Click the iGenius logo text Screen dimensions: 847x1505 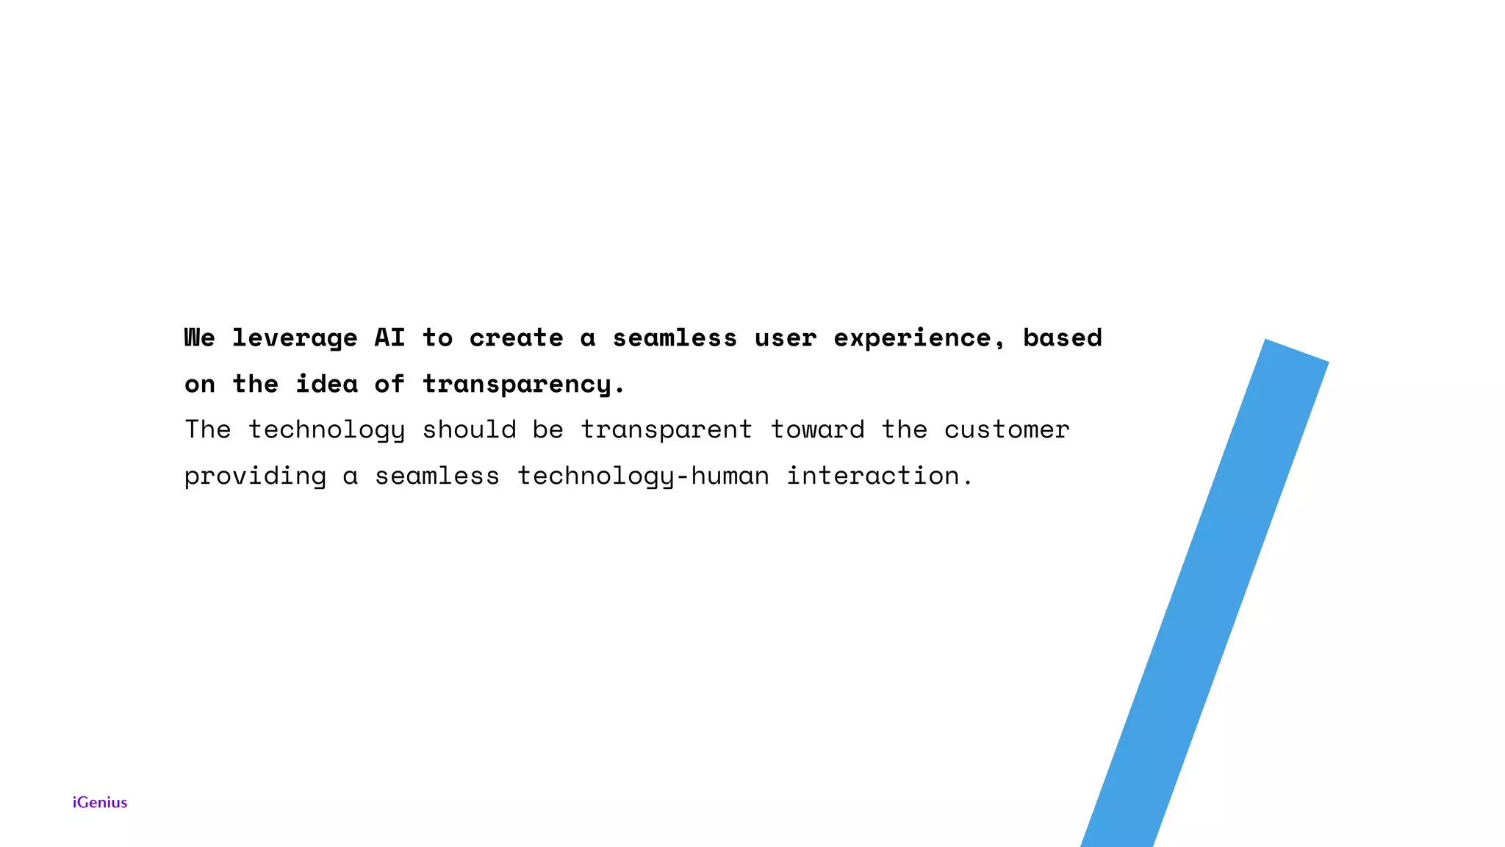pyautogui.click(x=100, y=802)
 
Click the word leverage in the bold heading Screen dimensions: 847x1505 pyautogui.click(x=295, y=338)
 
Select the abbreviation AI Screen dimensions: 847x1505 pyautogui.click(x=389, y=337)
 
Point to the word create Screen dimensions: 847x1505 pyautogui.click(x=516, y=338)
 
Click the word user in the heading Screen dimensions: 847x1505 pyautogui.click(x=785, y=338)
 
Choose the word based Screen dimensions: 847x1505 pyautogui.click(x=1062, y=337)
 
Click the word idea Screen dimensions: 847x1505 pyautogui.click(x=326, y=384)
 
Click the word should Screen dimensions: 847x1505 pyautogui.click(x=469, y=429)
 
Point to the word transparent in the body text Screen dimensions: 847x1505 pyautogui.click(x=667, y=430)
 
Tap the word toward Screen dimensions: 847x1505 pyautogui.click(x=817, y=429)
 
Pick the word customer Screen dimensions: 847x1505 pyautogui.click(x=1007, y=429)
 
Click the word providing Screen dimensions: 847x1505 pyautogui.click(x=255, y=476)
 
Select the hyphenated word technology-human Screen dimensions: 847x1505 pyautogui.click(x=643, y=476)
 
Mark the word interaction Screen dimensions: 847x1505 pyautogui.click(x=880, y=476)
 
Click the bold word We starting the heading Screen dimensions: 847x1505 pyautogui.click(x=199, y=337)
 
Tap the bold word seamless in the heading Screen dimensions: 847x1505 pyautogui.click(x=675, y=338)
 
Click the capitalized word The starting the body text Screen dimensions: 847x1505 pyautogui.click(x=207, y=429)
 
